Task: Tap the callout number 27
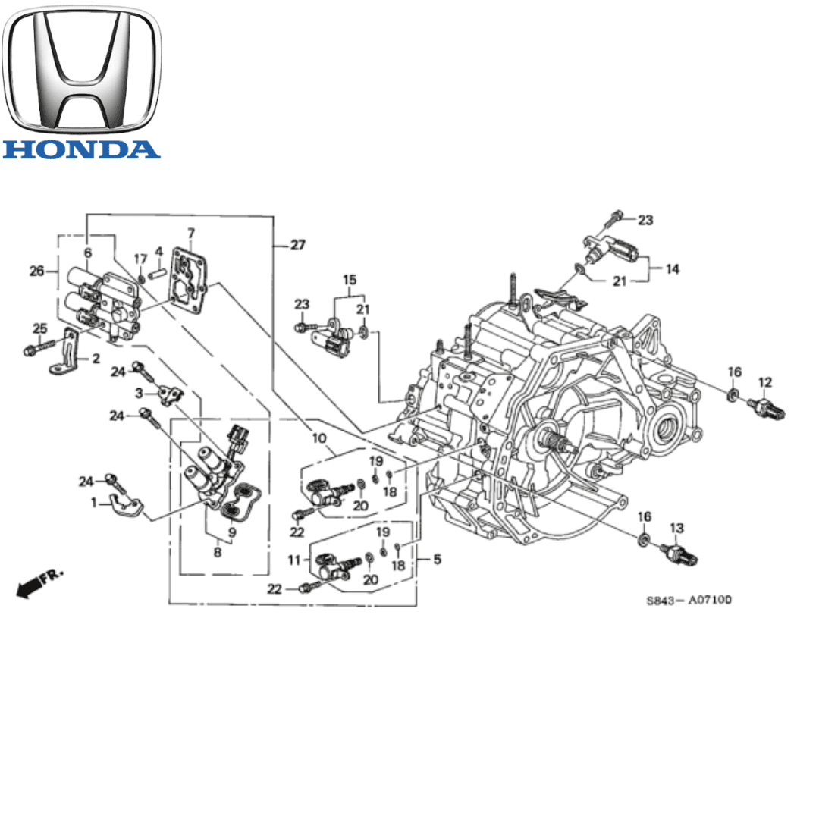297,245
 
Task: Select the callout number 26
35,269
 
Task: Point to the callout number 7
190,232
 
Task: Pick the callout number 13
676,527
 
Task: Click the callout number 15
349,281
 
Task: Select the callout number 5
437,560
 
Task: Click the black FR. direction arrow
33,585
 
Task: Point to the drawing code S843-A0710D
689,601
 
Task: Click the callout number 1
95,502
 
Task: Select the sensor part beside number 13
679,554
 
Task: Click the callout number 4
159,251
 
